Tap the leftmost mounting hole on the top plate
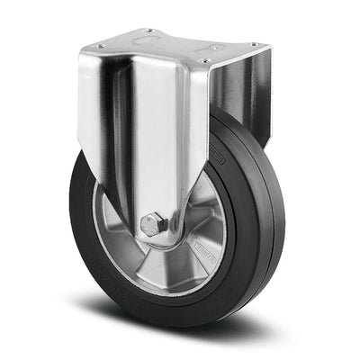[101, 47]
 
